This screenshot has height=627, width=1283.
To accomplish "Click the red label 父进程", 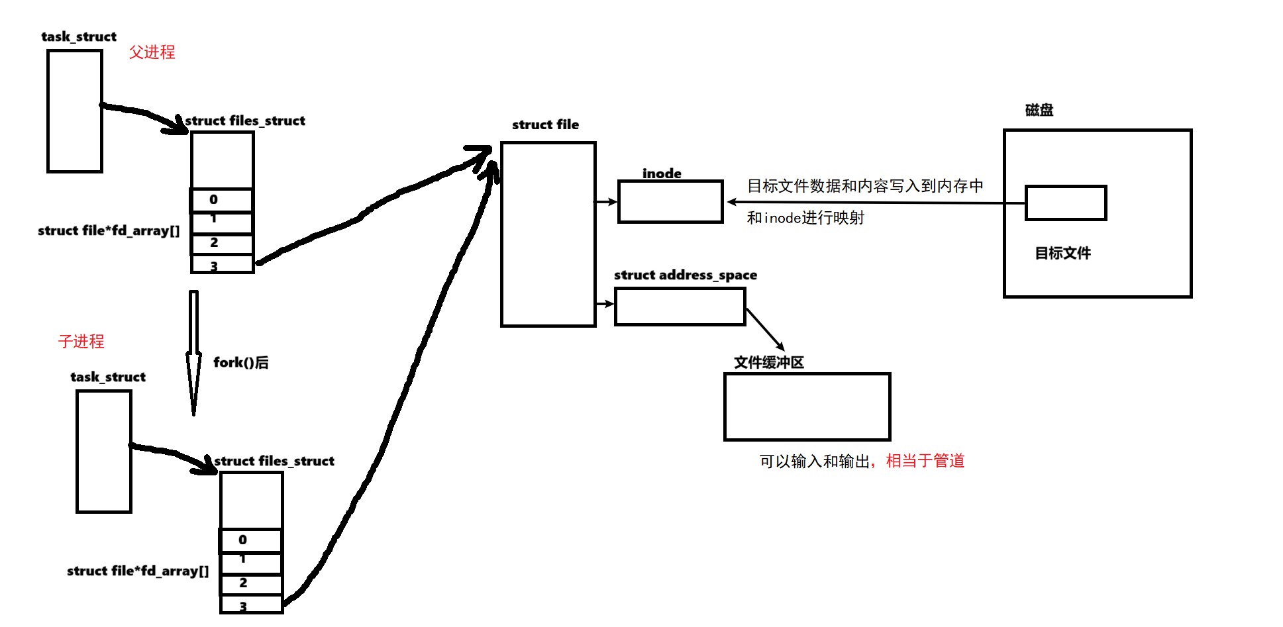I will [152, 52].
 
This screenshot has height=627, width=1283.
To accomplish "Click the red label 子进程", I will [81, 342].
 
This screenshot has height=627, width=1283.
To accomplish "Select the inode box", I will [670, 201].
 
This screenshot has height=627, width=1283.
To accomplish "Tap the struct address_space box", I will [680, 307].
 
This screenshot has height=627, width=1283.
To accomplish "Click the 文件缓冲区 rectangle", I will [807, 407].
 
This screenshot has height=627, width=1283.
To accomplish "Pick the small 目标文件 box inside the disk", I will [1065, 203].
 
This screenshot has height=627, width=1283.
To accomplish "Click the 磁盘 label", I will [1039, 110].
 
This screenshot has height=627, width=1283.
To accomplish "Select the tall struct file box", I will [548, 234].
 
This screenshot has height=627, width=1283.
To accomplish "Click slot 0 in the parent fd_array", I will [221, 199].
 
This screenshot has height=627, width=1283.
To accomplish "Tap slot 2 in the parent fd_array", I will [221, 243].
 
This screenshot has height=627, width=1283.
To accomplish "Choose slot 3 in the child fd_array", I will [251, 605].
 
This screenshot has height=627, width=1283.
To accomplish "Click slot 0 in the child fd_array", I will [250, 540].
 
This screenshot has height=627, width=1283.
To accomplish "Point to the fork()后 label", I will [240, 362].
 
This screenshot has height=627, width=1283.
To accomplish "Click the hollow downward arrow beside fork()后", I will [193, 351].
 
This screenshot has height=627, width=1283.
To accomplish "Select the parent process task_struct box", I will [74, 111].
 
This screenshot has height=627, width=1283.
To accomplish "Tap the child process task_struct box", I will [103, 451].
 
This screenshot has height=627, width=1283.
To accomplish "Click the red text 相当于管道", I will [925, 461].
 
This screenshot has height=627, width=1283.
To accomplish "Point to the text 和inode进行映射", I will [805, 218].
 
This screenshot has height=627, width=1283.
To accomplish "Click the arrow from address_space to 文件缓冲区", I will [765, 329].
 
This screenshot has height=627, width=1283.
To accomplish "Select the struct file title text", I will [545, 124].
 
